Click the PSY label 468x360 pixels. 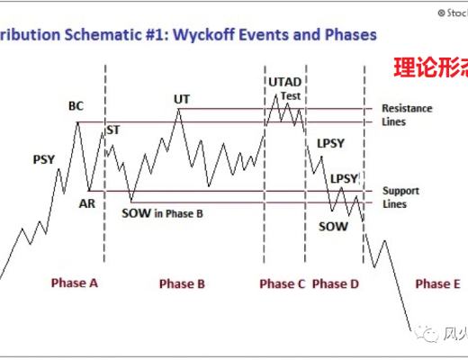[44, 159]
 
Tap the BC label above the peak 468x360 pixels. [76, 106]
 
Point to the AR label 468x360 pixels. [87, 203]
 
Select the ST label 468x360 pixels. [113, 130]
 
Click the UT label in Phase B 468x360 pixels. [182, 99]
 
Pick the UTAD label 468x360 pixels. [285, 82]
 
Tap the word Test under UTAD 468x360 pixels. [291, 95]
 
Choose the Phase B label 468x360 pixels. [182, 283]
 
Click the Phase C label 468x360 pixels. [283, 283]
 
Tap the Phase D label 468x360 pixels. [335, 283]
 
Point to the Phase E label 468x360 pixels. [437, 283]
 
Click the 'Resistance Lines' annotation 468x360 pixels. [407, 114]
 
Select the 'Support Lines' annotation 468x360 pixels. [400, 197]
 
